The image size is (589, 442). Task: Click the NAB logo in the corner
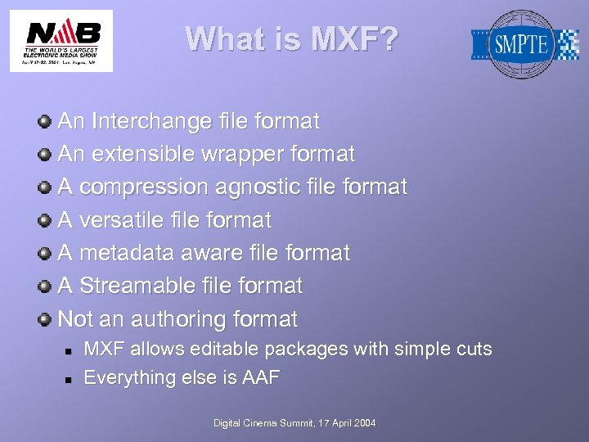pos(61,40)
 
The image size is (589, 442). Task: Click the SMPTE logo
pos(524,44)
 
